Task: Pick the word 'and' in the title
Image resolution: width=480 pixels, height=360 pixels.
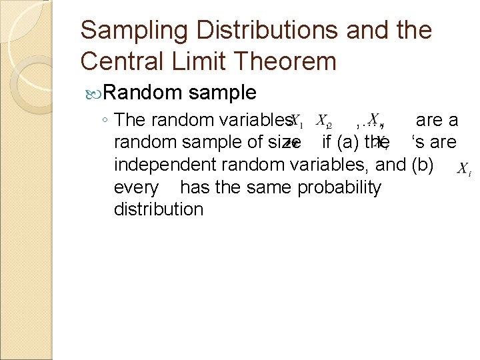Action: tap(375, 31)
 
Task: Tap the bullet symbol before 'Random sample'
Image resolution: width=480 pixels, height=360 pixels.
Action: tap(91, 92)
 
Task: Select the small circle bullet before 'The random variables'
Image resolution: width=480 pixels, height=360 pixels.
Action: tap(105, 121)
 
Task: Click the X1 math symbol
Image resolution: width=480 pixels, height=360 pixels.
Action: tap(296, 122)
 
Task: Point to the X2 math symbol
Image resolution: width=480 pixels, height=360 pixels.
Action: tap(323, 122)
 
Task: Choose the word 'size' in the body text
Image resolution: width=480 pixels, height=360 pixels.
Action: tap(282, 142)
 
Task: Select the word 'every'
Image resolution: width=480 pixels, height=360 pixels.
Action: tap(137, 187)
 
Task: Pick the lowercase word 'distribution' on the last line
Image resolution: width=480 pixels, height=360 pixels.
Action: tap(159, 209)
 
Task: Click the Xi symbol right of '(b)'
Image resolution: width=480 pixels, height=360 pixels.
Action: tap(464, 169)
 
